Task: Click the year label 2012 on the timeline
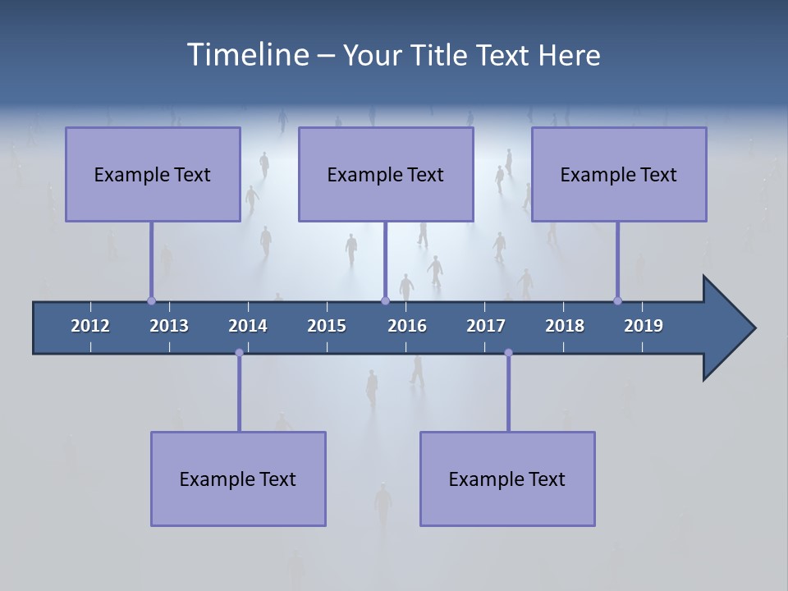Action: point(90,326)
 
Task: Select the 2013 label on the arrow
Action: point(169,326)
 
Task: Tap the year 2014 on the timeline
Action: point(248,326)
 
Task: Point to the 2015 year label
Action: point(327,326)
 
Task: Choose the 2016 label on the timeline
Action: point(407,326)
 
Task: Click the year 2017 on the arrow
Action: point(486,326)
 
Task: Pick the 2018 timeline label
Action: point(565,326)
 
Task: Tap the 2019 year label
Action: point(644,326)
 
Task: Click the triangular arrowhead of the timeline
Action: point(727,328)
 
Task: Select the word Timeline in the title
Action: point(245,55)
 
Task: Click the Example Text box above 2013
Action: point(153,174)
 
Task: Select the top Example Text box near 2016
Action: point(386,174)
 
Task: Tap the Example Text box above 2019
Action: point(619,174)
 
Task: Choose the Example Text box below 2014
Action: point(238,479)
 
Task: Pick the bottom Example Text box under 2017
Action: point(507,479)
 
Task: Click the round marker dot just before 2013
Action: point(151,301)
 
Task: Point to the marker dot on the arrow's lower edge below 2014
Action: point(239,353)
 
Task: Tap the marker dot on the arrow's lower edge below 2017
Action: point(508,353)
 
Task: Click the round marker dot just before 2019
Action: point(617,301)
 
